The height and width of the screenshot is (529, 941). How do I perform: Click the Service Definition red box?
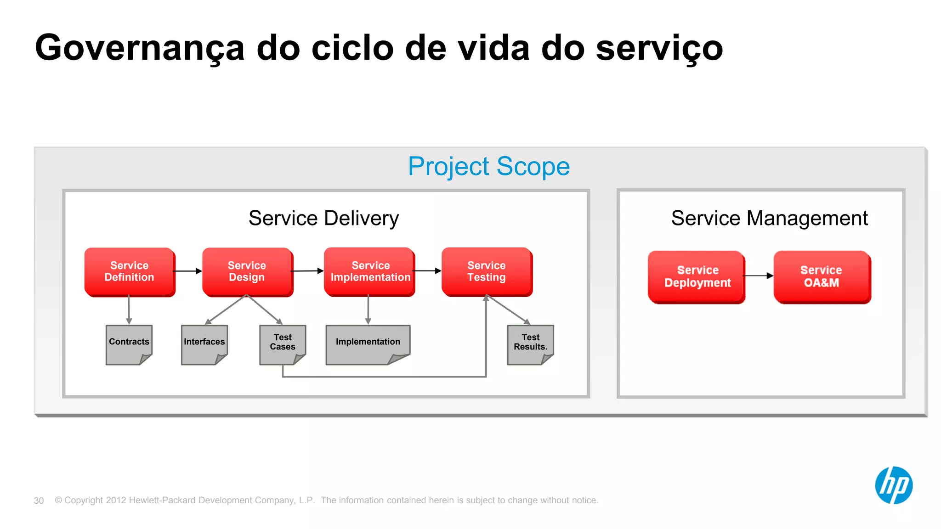[130, 271]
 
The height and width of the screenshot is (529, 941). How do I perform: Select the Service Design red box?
[247, 271]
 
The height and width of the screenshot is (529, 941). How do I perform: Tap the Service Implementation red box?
[370, 271]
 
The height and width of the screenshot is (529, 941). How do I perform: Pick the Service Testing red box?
[487, 271]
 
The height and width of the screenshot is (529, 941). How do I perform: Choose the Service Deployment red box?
[697, 276]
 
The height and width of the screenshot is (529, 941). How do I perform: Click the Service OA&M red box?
[822, 276]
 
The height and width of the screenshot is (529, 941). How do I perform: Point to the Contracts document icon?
[129, 344]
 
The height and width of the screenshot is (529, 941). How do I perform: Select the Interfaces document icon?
[204, 344]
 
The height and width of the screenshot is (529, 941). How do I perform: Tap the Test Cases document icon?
[283, 344]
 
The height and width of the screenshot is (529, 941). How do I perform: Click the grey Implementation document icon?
[368, 344]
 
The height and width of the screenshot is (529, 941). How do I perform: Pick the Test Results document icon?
[530, 344]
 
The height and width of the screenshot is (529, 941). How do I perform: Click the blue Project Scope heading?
[489, 166]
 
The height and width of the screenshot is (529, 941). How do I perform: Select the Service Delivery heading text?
[323, 218]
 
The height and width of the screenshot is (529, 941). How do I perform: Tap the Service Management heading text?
[769, 218]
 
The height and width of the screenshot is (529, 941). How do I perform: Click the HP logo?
[894, 485]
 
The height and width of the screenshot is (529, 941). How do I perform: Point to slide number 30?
[39, 501]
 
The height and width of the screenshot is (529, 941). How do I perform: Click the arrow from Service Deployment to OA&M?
[758, 276]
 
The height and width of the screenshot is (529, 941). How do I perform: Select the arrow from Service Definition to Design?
[188, 271]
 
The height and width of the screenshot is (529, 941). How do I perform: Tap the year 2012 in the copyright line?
[116, 500]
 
